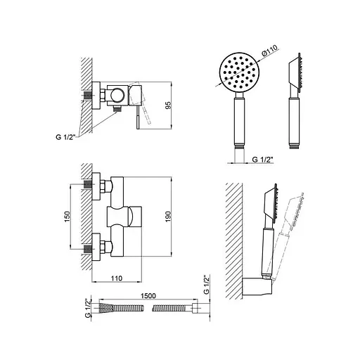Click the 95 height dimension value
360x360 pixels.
click(x=169, y=105)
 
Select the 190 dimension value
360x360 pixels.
click(x=169, y=217)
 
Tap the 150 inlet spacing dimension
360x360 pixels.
click(x=67, y=217)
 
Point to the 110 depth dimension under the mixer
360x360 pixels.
click(x=117, y=278)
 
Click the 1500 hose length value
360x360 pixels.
click(x=148, y=296)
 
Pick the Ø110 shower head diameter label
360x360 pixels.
click(x=269, y=51)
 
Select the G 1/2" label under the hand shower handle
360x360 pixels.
click(x=263, y=160)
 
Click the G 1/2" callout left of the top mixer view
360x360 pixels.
click(x=66, y=137)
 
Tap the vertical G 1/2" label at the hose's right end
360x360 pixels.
click(x=206, y=285)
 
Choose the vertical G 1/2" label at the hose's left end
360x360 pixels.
click(x=87, y=308)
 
